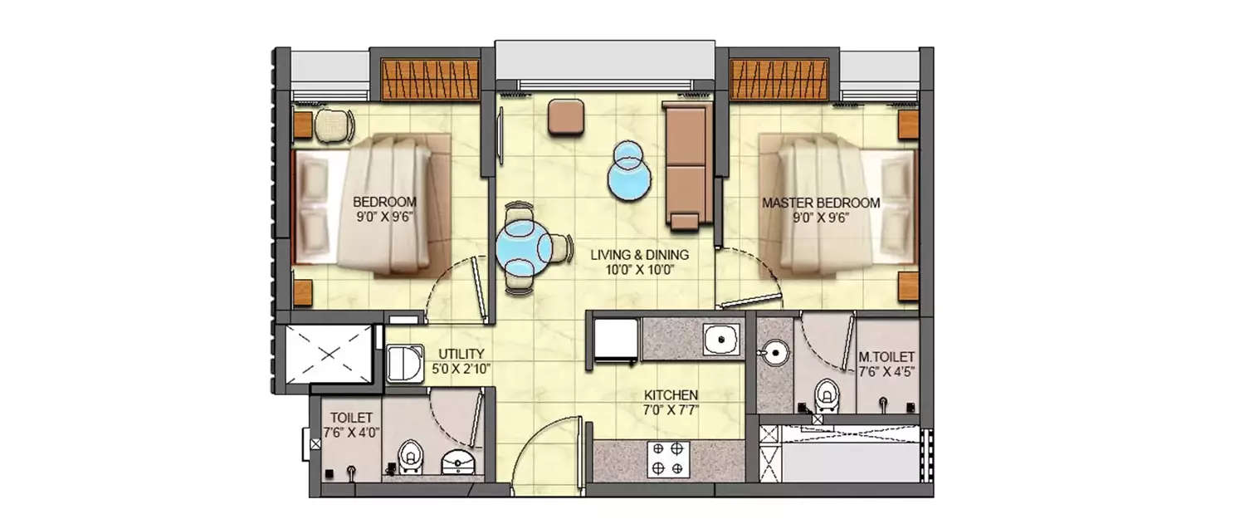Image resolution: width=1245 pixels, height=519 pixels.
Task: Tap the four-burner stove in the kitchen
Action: [668, 458]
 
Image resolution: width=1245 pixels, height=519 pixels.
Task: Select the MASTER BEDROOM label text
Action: [821, 203]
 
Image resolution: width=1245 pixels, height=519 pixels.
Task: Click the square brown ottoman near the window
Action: [566, 116]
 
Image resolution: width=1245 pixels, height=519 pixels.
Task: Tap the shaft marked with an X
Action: [330, 354]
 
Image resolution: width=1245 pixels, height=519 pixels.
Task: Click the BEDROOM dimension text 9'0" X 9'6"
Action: [384, 217]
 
